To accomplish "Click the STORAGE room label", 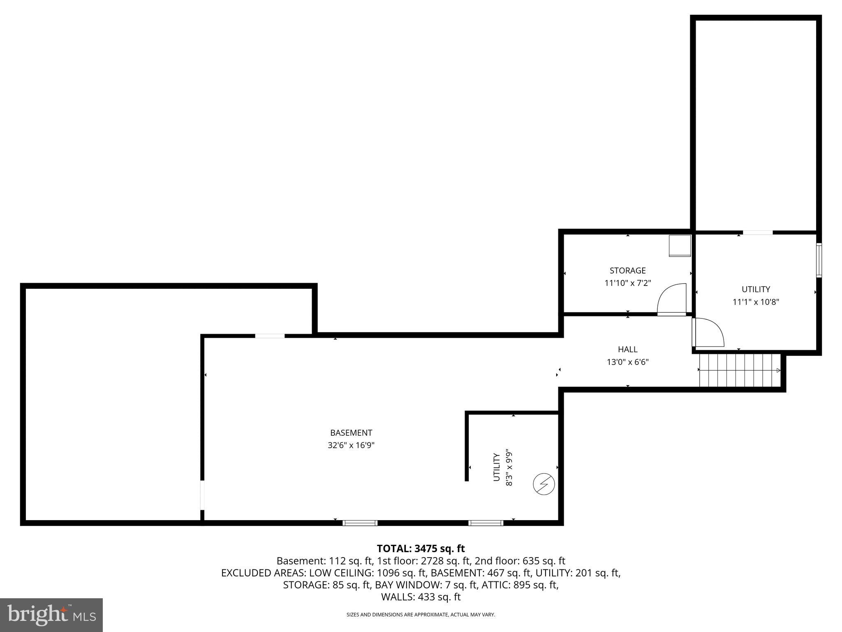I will point(627,270).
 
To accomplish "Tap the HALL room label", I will point(627,349).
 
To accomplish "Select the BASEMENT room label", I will point(351,433).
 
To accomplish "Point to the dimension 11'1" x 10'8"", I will point(756,302).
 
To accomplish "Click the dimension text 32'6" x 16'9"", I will point(351,445).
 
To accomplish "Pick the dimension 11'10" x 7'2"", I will point(627,283).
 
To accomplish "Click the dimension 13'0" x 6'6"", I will point(627,362).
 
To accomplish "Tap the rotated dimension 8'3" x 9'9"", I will point(509,467).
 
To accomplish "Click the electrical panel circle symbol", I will point(544,484).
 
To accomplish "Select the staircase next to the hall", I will point(740,370).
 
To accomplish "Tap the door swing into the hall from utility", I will point(708,332).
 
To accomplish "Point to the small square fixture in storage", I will point(680,246).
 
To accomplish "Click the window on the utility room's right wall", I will point(819,260).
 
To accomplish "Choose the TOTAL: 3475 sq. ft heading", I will point(421,548).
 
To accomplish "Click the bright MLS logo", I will point(51,615).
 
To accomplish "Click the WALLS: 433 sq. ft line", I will point(421,597).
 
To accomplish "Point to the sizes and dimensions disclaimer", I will point(421,615).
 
